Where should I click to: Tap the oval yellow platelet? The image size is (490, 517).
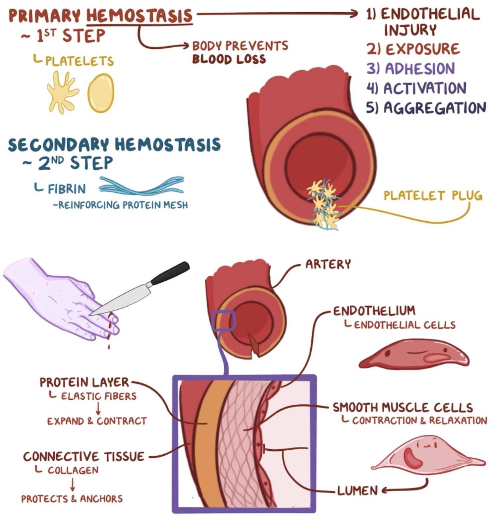[101, 93]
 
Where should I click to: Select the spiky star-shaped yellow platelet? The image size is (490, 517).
[62, 92]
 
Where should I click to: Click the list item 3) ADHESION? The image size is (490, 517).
[410, 69]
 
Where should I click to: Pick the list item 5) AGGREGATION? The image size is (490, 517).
[426, 108]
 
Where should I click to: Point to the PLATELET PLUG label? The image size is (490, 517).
[433, 196]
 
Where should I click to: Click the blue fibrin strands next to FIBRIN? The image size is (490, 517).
[142, 185]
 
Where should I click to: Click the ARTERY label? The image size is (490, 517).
[328, 264]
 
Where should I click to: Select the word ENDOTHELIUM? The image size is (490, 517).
[374, 311]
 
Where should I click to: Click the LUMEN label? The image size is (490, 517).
[357, 490]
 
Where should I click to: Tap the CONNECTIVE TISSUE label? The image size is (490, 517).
[83, 457]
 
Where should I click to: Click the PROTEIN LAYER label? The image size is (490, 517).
[84, 382]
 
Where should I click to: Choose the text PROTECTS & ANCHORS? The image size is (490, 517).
[72, 499]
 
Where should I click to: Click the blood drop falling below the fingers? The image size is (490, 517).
[109, 347]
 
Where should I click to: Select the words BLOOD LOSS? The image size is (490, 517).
[229, 59]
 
